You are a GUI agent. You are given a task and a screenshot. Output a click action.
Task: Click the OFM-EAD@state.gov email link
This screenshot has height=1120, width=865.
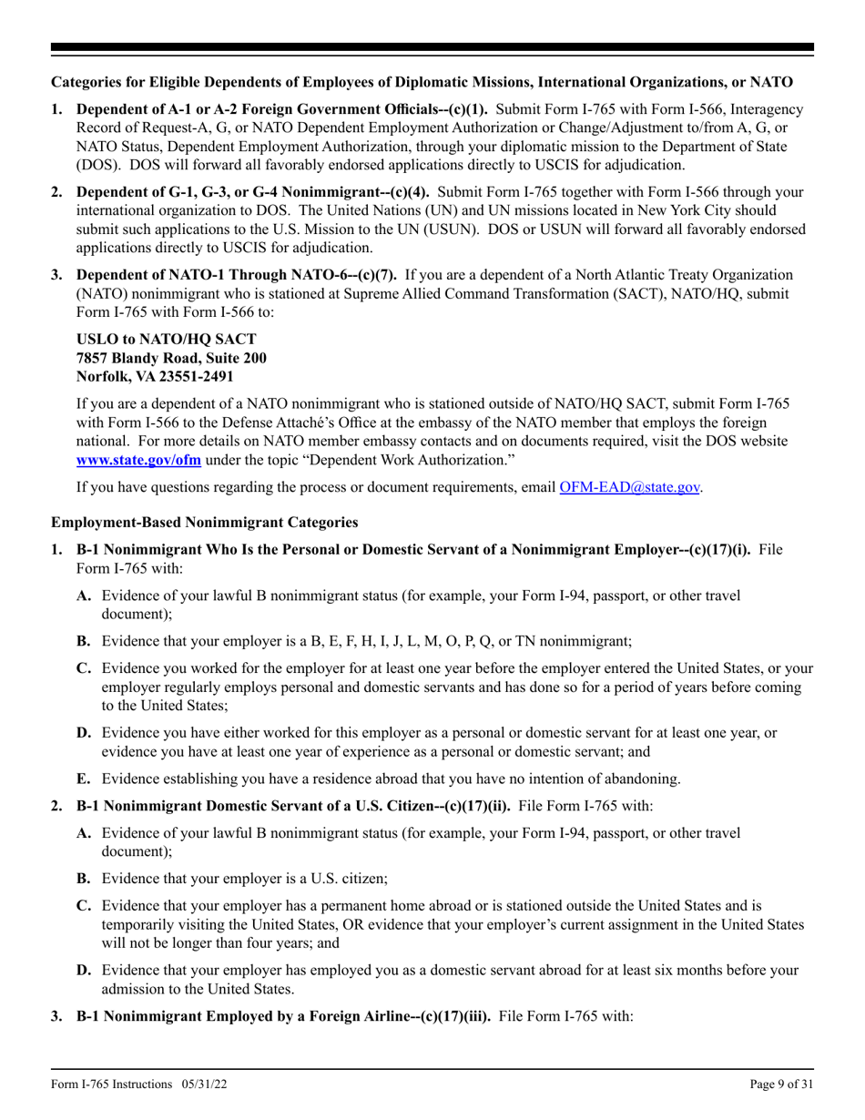[x=630, y=487]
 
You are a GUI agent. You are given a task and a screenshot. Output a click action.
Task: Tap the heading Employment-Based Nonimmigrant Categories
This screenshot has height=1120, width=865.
[x=204, y=523]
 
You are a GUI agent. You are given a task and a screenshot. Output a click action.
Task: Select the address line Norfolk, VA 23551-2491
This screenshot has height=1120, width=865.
[x=155, y=374]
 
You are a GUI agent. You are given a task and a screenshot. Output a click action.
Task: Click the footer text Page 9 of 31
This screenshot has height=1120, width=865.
[x=782, y=1084]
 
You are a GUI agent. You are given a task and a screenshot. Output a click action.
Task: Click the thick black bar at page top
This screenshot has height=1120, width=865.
[x=432, y=47]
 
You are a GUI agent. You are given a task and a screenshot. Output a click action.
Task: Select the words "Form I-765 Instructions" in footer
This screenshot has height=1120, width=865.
[x=112, y=1084]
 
